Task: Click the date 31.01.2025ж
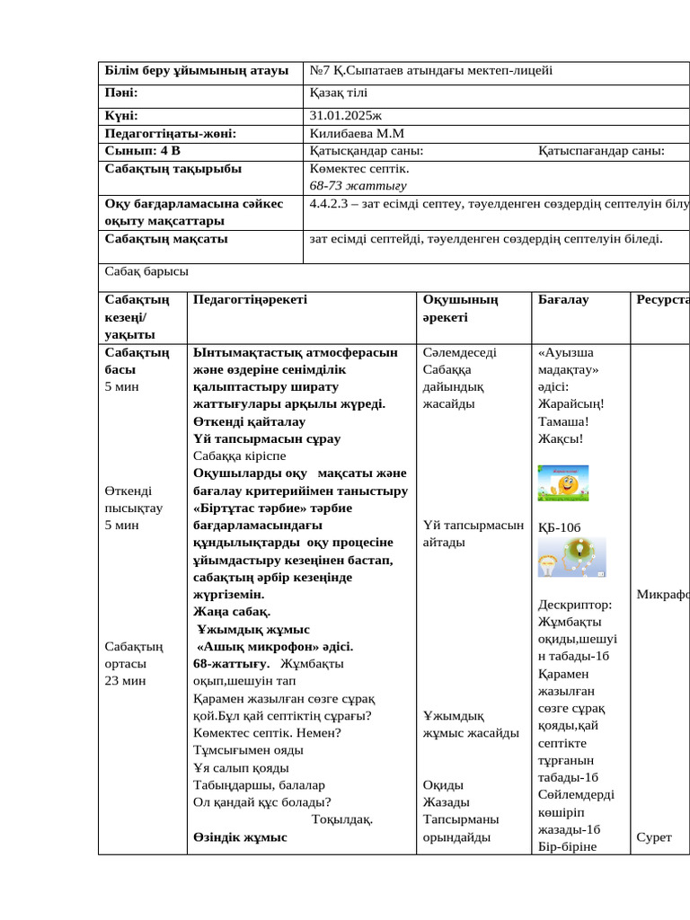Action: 345,116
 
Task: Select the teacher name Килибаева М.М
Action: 355,133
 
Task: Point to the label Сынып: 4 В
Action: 143,150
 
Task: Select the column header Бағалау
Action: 562,299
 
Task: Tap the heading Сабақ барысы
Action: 146,270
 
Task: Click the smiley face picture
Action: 563,483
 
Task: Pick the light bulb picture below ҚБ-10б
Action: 571,558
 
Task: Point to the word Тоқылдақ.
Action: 342,819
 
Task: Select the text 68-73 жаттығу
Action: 357,186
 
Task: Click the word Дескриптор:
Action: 574,605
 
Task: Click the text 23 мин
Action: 125,680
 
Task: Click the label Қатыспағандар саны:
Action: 601,150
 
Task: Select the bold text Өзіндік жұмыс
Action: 240,837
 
